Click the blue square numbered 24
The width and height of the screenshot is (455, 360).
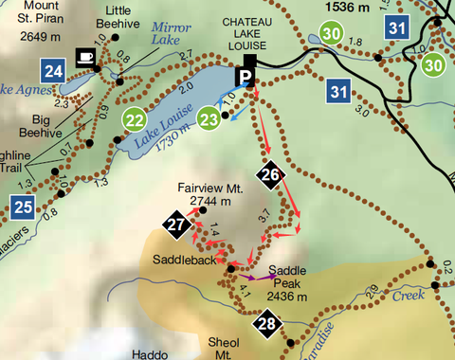53,70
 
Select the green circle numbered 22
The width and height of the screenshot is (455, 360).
136,119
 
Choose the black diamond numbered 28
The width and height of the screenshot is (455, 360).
266,325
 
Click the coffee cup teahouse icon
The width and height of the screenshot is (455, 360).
85,57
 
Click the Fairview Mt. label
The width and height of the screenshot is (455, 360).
210,189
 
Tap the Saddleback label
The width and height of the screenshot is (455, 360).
181,259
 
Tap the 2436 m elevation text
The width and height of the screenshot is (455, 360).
287,296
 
